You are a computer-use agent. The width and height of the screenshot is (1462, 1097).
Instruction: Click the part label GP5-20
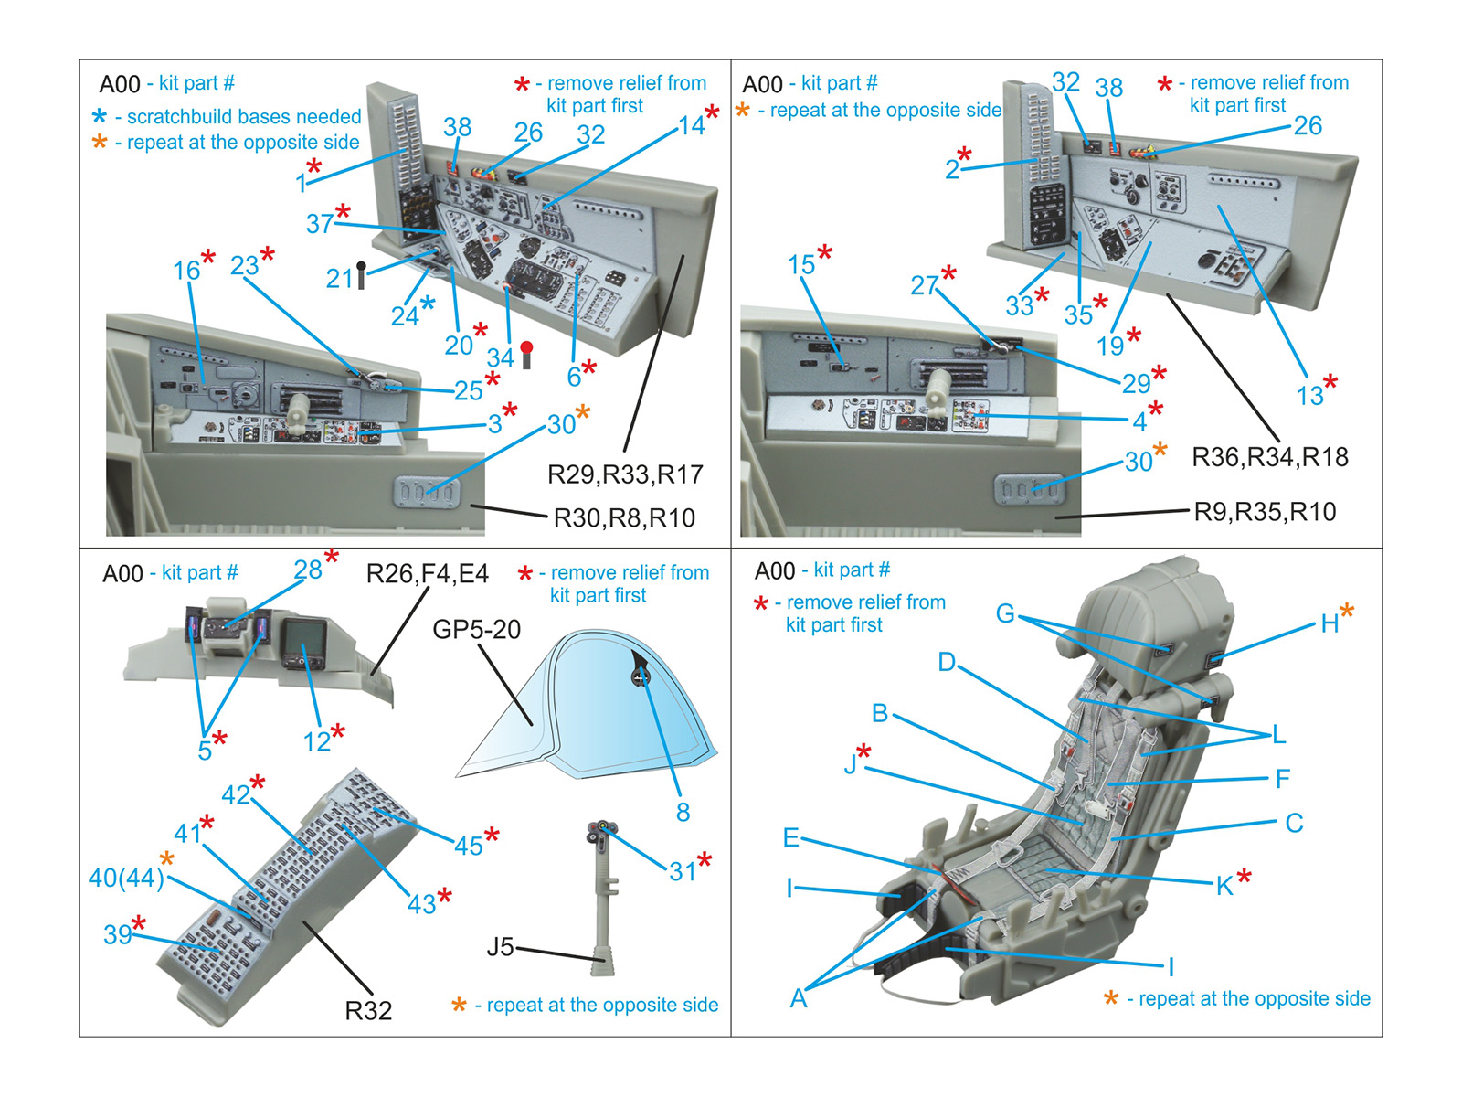[x=476, y=630]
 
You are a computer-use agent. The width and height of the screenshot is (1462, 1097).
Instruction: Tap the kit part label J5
[x=500, y=947]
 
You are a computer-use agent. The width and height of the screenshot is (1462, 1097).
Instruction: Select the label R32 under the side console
[x=368, y=1010]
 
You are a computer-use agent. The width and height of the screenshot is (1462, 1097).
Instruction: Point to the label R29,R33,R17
[x=625, y=474]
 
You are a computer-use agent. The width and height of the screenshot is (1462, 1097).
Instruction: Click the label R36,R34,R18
[x=1269, y=457]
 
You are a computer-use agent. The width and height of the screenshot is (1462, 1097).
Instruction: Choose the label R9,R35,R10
[x=1265, y=512]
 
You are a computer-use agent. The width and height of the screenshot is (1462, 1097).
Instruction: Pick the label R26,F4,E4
[x=427, y=574]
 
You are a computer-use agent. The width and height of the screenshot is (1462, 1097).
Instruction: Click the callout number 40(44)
[x=126, y=878]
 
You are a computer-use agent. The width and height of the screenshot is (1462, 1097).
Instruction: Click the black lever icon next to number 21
[x=362, y=274]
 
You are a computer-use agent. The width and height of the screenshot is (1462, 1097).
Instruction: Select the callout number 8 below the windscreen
[x=683, y=812]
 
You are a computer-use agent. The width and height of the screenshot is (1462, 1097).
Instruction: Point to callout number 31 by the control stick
[x=683, y=871]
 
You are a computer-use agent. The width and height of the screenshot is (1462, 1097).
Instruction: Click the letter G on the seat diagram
[x=1005, y=612]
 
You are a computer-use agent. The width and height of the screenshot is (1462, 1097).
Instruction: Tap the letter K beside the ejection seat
[x=1224, y=885]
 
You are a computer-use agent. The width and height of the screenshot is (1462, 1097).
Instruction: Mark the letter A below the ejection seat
[x=799, y=998]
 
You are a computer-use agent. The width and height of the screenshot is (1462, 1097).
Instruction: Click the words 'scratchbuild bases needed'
[x=244, y=117]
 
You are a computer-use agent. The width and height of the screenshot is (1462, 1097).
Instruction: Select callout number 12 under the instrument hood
[x=316, y=741]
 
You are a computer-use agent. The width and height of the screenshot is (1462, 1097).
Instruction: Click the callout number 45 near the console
[x=468, y=846]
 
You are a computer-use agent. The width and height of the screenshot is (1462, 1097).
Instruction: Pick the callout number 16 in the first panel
[x=185, y=271]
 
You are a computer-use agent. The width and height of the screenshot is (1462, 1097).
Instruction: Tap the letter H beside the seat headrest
[x=1330, y=624]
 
